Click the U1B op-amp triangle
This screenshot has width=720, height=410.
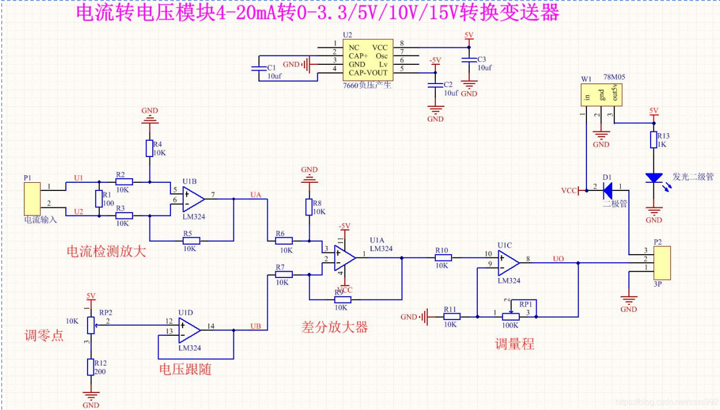193,199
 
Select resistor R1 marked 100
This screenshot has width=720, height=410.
98,199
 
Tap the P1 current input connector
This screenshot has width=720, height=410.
32,199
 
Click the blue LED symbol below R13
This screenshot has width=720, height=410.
654,178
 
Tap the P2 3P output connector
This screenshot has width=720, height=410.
662,263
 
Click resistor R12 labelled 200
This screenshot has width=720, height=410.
90,367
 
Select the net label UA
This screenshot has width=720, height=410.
256,194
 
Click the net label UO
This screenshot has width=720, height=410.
558,259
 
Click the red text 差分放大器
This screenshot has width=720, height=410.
334,327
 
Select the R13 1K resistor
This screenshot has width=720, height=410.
654,140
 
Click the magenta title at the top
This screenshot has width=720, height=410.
318,13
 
